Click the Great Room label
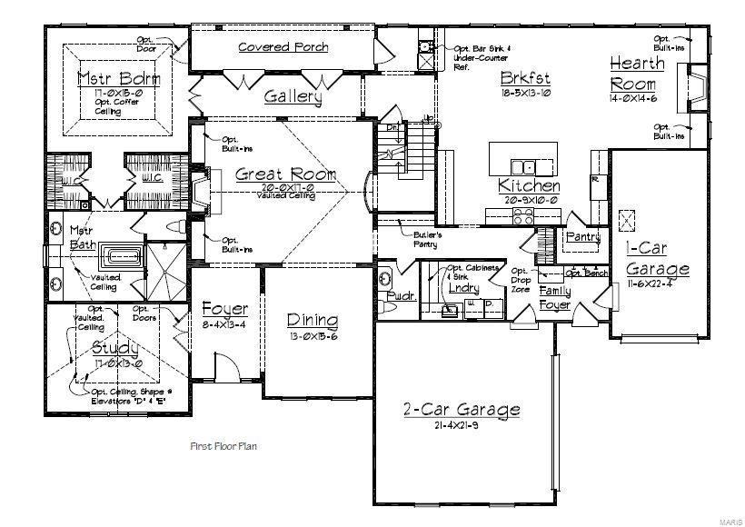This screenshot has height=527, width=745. pos(273,174)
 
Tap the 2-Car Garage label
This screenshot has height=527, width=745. pos(462,409)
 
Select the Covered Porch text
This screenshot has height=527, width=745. pos(283,47)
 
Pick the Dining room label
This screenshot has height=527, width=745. pos(313,320)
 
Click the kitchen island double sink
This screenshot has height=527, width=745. pos(522,167)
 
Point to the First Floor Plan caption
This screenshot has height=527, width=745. pos(224,446)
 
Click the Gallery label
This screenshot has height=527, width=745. pos(293,96)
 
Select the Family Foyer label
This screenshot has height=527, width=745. pos(555,297)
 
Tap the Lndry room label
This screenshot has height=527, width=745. pos(463,288)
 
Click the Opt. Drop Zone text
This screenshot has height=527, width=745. pos(520,279)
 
